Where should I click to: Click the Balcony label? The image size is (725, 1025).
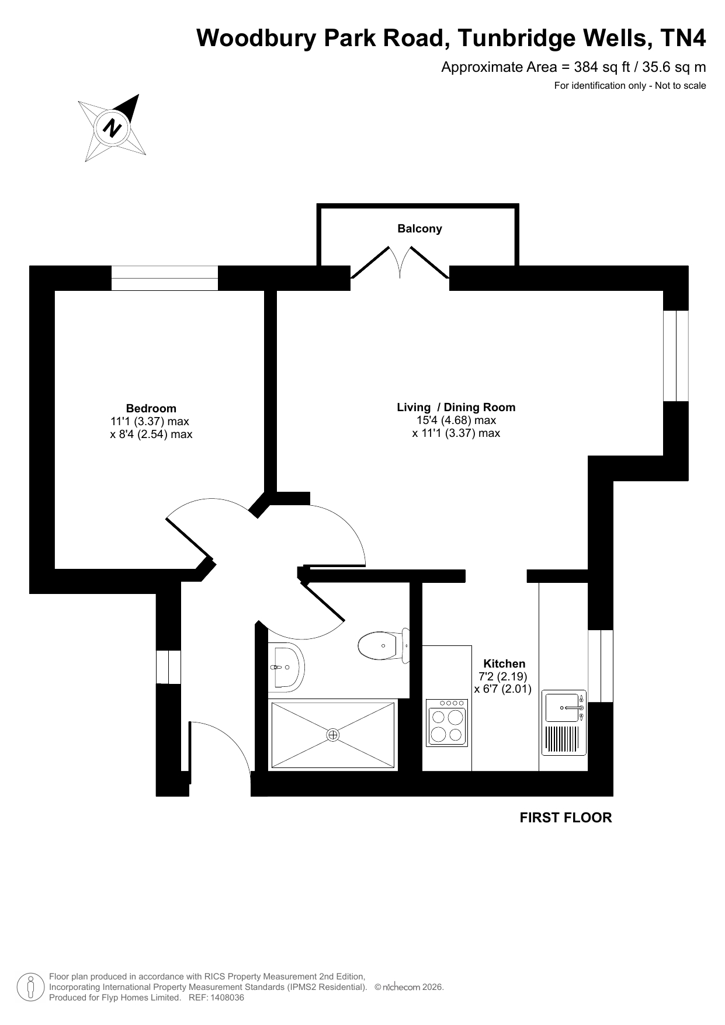[x=419, y=228]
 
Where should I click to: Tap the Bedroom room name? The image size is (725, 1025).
[x=151, y=408]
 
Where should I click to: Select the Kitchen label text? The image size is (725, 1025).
[x=504, y=663]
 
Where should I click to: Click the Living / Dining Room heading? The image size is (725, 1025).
[x=456, y=407]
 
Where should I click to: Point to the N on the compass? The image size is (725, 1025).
[x=112, y=127]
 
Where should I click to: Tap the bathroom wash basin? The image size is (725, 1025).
[x=286, y=666]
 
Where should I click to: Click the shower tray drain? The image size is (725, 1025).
[x=333, y=735]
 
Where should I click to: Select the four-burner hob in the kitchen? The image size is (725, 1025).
[x=447, y=722]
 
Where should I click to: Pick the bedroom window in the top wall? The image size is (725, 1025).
[x=165, y=278]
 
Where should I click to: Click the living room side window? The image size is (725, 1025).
[x=676, y=356]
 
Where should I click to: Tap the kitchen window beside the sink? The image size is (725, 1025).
[x=601, y=666]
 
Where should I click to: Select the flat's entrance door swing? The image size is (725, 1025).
[x=220, y=748]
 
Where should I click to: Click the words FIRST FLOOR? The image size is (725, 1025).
[x=566, y=818]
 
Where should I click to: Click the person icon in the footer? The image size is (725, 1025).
[x=30, y=986]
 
